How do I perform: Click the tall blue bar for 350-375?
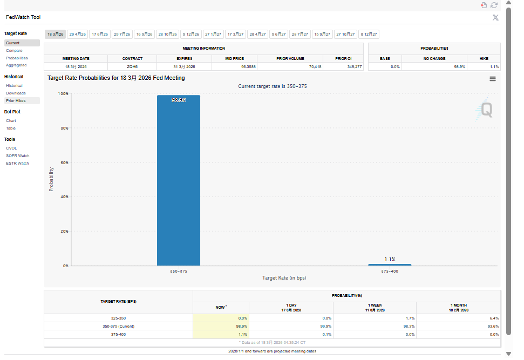click(x=178, y=181)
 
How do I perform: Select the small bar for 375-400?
click(x=390, y=264)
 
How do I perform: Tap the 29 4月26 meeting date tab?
click(x=78, y=34)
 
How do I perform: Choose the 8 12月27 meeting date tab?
click(x=369, y=34)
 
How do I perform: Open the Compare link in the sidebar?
click(x=15, y=50)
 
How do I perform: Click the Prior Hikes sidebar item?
click(x=16, y=100)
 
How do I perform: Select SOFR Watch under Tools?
click(x=18, y=155)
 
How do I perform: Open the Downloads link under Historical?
click(x=16, y=93)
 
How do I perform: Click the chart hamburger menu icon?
click(x=493, y=79)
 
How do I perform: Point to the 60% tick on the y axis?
click(x=64, y=162)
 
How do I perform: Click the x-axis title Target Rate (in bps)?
click(x=284, y=278)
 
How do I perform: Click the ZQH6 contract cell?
click(x=132, y=66)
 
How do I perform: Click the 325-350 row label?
click(x=118, y=318)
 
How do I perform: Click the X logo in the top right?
click(x=495, y=17)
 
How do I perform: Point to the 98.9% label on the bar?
click(x=179, y=100)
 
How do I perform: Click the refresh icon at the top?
click(x=494, y=5)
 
